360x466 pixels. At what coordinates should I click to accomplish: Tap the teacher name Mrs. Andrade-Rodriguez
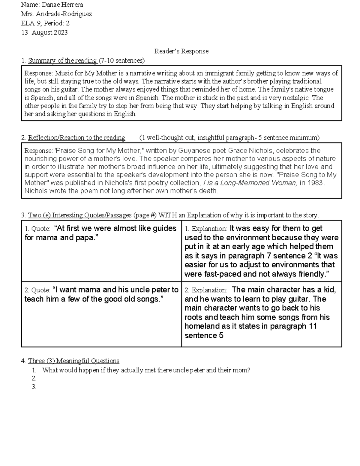click(56, 14)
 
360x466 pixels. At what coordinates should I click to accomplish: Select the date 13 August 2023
click(44, 33)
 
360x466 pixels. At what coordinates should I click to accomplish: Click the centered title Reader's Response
click(181, 51)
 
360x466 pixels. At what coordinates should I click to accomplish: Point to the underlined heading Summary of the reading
click(62, 61)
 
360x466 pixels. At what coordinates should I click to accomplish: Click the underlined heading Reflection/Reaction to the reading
click(76, 138)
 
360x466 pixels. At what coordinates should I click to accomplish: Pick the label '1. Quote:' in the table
click(37, 229)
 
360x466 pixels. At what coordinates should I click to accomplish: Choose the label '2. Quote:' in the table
click(37, 290)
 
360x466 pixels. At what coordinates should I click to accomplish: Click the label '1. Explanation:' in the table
click(206, 229)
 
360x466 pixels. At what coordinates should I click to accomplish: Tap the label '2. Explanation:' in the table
click(206, 290)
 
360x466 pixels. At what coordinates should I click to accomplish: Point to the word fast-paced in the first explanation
click(219, 274)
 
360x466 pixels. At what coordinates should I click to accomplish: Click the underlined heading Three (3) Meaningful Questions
click(73, 361)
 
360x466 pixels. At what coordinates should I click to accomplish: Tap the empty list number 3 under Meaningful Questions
click(34, 387)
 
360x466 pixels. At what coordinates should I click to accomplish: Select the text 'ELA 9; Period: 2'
click(45, 23)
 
